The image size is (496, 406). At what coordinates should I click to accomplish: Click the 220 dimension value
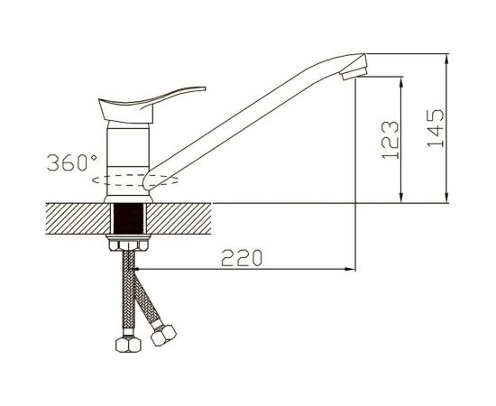(242, 258)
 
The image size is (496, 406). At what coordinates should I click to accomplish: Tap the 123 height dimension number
(390, 140)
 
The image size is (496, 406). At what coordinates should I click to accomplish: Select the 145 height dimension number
(436, 128)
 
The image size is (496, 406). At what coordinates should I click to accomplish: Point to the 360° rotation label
(72, 162)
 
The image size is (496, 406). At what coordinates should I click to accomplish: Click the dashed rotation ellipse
(135, 180)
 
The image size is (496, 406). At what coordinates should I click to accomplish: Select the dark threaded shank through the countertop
(128, 218)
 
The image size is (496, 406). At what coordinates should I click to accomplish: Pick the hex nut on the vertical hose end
(128, 345)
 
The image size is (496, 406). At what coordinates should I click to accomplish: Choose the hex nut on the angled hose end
(163, 336)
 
